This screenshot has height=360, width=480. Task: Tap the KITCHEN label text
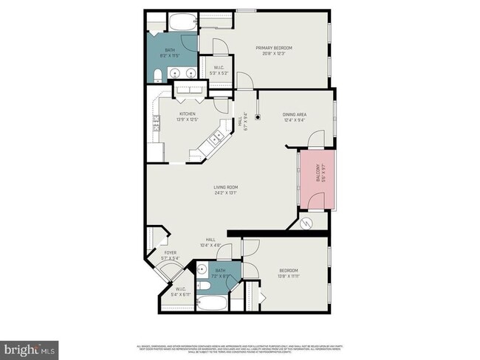[188, 114]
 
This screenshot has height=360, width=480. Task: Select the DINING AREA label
[294, 114]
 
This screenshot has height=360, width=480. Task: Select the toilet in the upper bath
[158, 75]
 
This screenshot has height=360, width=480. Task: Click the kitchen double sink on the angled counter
[217, 136]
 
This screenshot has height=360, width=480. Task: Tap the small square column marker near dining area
[258, 116]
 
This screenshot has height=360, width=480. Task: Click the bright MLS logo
[30, 347]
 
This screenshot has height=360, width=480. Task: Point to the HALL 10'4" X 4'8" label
[210, 242]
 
